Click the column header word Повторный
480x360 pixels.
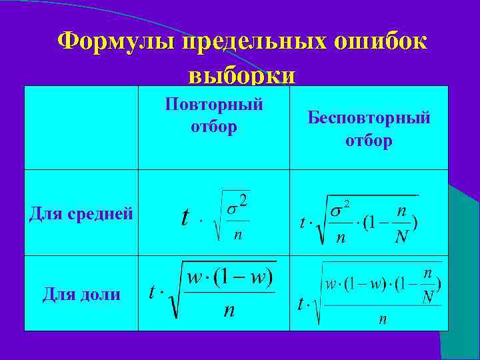tap(214, 105)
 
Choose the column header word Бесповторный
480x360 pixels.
tap(369, 118)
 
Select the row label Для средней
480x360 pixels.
tap(81, 213)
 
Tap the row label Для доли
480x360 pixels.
tap(81, 293)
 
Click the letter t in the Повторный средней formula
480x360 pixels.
tap(185, 218)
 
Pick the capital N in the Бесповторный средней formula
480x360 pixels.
tap(401, 237)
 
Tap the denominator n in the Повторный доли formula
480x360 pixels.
tap(229, 311)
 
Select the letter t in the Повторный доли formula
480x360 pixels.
tap(153, 291)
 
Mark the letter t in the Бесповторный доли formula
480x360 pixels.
tap(301, 303)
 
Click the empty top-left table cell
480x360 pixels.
tap(81, 127)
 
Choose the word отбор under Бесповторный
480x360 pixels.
tap(369, 141)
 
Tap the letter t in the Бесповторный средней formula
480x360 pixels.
tap(303, 222)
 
